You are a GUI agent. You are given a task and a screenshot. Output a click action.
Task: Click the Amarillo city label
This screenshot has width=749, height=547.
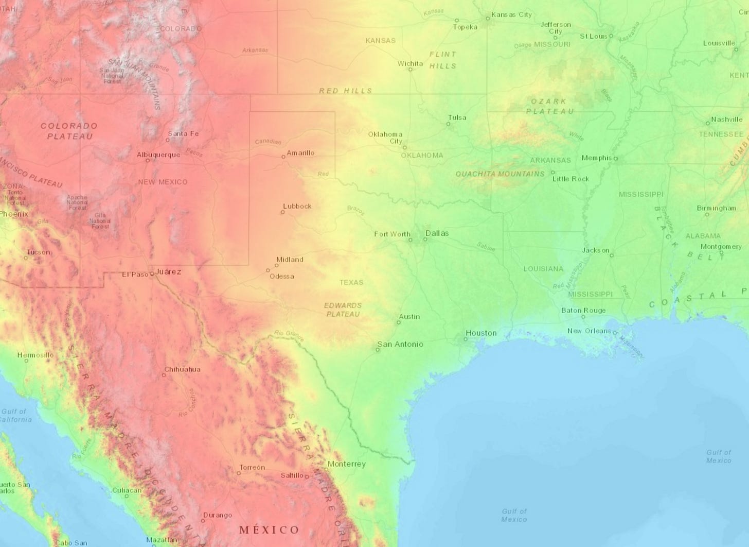click(300, 153)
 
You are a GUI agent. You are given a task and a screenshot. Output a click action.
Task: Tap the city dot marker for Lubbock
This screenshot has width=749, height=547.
click(282, 212)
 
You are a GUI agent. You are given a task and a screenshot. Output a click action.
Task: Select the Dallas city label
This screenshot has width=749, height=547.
click(437, 233)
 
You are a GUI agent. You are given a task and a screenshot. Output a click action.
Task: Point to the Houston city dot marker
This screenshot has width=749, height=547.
click(466, 339)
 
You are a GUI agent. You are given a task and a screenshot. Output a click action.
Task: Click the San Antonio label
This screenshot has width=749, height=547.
click(400, 344)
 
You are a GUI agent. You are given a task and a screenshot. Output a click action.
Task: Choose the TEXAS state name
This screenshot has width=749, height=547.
click(351, 282)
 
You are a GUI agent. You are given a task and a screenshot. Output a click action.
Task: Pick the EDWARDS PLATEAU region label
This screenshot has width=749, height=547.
click(343, 310)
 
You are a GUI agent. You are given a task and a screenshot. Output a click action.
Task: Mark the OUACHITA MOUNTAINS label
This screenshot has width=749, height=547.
click(500, 174)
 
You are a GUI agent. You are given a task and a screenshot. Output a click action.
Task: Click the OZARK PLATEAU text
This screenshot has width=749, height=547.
click(549, 106)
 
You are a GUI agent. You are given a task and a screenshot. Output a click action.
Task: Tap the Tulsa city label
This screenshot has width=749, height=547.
click(457, 117)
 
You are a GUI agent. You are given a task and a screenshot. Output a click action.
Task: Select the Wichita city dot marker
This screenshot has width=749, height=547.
click(411, 70)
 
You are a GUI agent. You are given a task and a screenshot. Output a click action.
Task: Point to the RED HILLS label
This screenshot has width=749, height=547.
click(345, 91)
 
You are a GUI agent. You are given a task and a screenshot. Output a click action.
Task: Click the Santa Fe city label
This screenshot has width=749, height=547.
click(183, 133)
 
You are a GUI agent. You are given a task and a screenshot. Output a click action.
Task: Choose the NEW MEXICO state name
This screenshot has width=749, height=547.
click(163, 182)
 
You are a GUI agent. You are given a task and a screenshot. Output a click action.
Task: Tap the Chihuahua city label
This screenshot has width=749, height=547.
click(182, 369)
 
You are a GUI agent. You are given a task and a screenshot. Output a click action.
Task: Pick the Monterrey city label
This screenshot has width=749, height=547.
click(347, 464)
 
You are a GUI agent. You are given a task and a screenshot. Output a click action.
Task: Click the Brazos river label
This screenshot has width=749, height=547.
click(355, 210)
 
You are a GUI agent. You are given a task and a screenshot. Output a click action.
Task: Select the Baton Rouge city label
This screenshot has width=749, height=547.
click(583, 310)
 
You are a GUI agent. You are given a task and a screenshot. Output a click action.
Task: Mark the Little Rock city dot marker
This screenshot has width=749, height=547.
click(553, 173)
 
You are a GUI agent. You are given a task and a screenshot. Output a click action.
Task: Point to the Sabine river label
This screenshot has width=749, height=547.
click(486, 247)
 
